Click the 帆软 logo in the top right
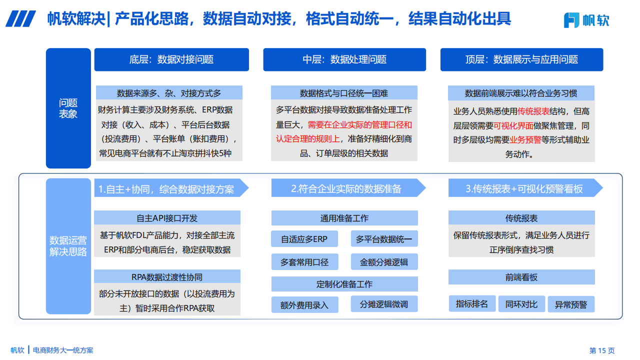(x=586, y=20)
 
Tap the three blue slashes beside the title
(x=20, y=19)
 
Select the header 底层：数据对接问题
(x=171, y=59)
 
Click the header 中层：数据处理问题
(x=344, y=59)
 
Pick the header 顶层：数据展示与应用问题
(x=521, y=59)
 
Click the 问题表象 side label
(x=68, y=108)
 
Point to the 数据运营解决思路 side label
(x=68, y=246)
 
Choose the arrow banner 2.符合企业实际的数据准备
(x=348, y=188)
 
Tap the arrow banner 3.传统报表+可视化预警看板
(x=525, y=188)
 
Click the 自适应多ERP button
(x=304, y=239)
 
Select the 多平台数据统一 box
(x=384, y=239)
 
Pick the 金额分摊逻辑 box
(x=384, y=261)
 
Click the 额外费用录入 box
(x=304, y=304)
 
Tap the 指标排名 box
(x=472, y=303)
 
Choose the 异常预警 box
(x=571, y=304)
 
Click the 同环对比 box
(x=521, y=304)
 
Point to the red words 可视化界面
(x=513, y=125)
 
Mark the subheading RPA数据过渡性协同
(x=167, y=277)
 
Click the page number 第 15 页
(x=602, y=350)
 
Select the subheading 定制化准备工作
(x=344, y=284)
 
